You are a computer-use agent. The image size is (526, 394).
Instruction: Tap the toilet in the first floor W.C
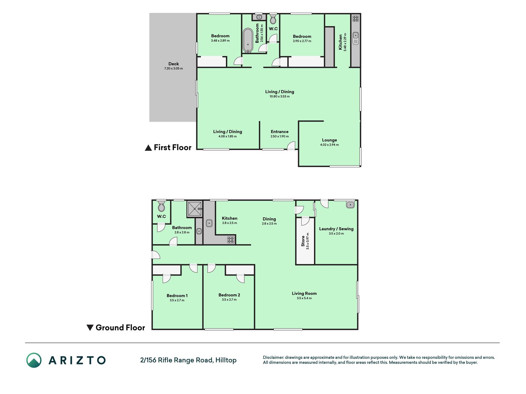point(273,19)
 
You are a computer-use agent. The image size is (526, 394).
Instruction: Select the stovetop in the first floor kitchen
point(356,19)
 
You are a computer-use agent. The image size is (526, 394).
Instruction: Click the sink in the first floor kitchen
point(356,38)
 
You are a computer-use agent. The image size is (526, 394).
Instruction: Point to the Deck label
point(173,64)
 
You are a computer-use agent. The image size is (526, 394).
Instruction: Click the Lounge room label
point(329,140)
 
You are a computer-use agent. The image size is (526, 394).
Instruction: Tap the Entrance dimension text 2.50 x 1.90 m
point(280,136)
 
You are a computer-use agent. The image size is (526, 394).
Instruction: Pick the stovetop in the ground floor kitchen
point(231,239)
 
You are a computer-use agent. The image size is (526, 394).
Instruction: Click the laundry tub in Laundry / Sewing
point(350,204)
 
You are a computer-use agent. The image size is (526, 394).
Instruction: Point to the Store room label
point(303,241)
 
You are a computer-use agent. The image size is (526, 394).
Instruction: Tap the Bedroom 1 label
point(177,295)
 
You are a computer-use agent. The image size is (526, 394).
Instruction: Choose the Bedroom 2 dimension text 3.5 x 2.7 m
point(229,300)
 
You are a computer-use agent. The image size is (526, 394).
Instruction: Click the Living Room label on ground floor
point(304,293)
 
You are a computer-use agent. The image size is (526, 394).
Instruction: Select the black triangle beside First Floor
point(148,148)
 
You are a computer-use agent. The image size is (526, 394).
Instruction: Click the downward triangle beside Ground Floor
point(90,328)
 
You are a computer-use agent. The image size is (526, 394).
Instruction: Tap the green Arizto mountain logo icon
point(34,360)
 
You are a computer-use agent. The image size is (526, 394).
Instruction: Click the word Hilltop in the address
point(226,360)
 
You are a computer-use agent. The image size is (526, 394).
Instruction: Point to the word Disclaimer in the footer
point(273,357)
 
